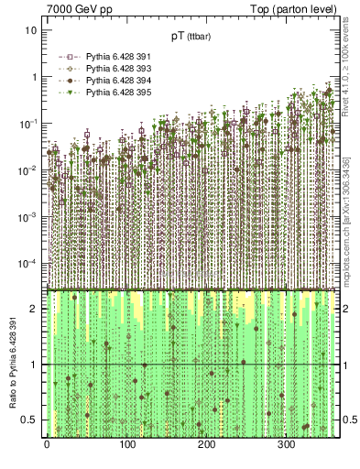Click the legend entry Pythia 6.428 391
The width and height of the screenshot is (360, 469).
104,56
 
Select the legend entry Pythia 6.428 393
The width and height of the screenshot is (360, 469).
104,68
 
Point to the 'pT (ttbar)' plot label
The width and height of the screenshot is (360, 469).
191,37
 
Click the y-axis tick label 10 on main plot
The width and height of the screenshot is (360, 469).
31,30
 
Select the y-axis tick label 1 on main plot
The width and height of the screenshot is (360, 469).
34,77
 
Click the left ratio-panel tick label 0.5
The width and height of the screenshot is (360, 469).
30,420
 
